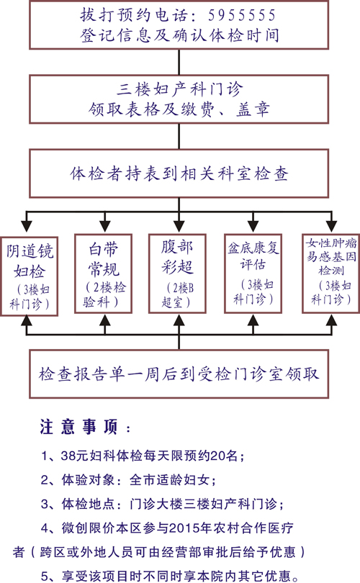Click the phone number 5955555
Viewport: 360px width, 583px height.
(x=242, y=15)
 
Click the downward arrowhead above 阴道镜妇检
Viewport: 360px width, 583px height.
(x=27, y=226)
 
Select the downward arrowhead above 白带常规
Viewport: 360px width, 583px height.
(x=105, y=226)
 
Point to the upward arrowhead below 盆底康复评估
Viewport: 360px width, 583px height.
(x=253, y=320)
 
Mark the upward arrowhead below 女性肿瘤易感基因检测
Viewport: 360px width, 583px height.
(x=331, y=320)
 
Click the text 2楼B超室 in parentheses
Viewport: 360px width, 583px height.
(x=178, y=295)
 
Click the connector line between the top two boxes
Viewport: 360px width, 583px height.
(x=179, y=62)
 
